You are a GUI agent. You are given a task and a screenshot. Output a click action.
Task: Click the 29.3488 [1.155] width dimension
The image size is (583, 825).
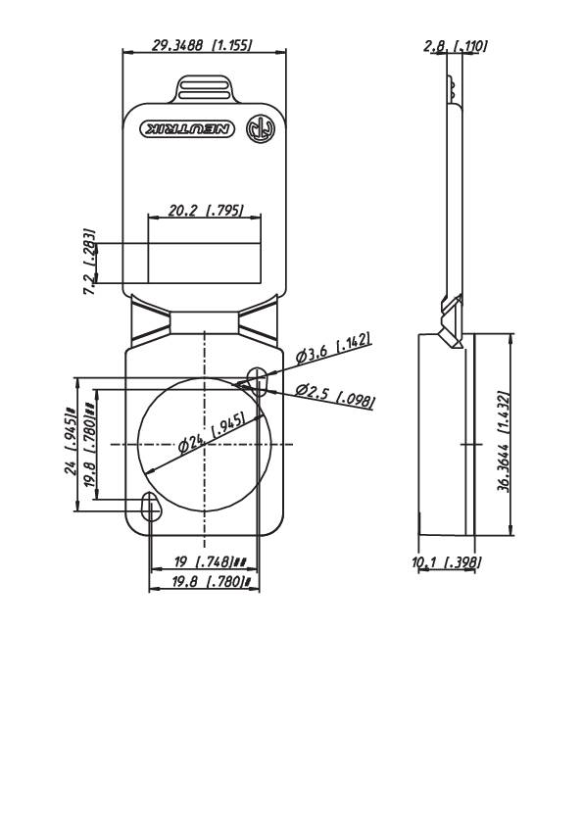pos(203,45)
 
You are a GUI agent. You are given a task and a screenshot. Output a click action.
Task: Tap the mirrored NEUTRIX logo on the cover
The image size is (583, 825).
pos(189,128)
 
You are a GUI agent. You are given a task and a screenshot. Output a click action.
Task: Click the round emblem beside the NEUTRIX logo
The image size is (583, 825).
pos(258,128)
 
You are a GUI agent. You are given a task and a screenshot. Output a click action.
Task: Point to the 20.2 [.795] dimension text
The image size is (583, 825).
pos(205,210)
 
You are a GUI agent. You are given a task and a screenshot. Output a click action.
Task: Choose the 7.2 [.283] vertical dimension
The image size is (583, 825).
pos(89,263)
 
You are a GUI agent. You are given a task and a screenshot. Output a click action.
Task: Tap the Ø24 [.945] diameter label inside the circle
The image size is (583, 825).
pos(212,435)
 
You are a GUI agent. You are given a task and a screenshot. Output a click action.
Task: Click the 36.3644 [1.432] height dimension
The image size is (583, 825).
pos(503,434)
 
